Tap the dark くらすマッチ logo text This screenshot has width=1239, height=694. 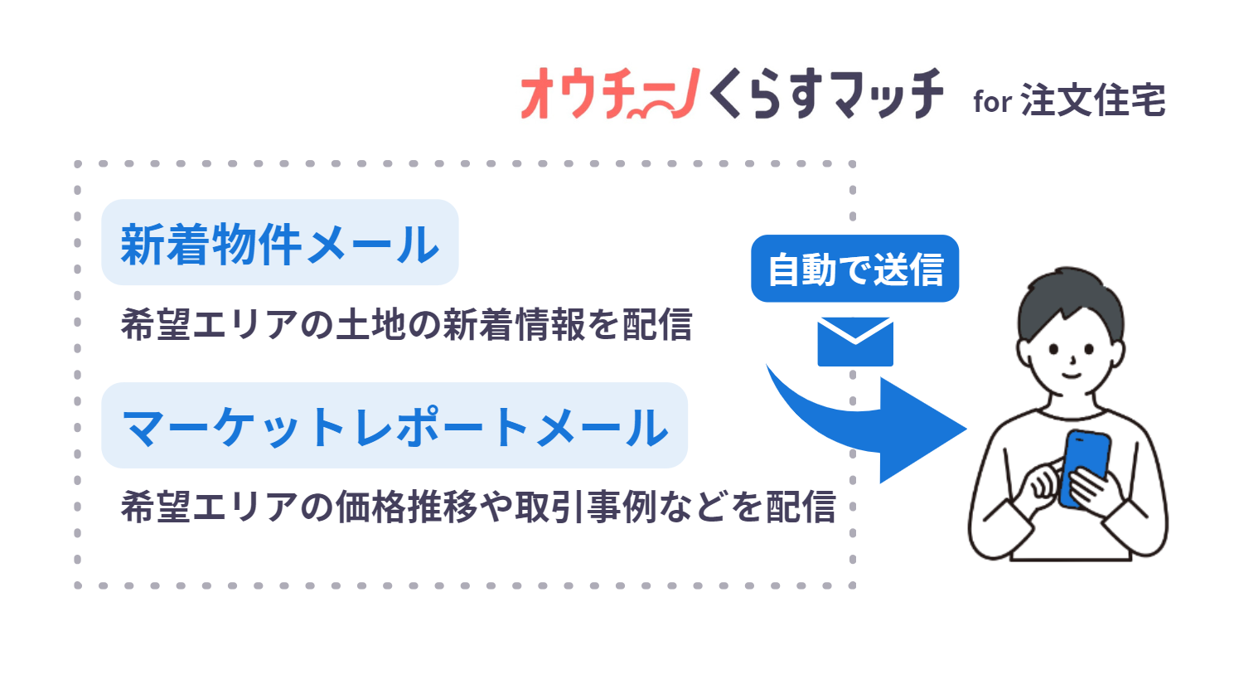point(825,95)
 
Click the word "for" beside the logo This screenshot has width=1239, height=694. point(992,102)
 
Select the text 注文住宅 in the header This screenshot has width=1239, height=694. point(1093,100)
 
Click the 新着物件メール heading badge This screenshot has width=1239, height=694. point(279,244)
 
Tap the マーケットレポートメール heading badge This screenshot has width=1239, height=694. point(394,426)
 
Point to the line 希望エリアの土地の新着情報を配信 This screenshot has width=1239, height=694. point(406,324)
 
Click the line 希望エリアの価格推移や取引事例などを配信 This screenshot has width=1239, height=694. point(478,507)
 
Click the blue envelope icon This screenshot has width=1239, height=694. point(855,342)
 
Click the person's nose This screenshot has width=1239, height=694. point(1072,361)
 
